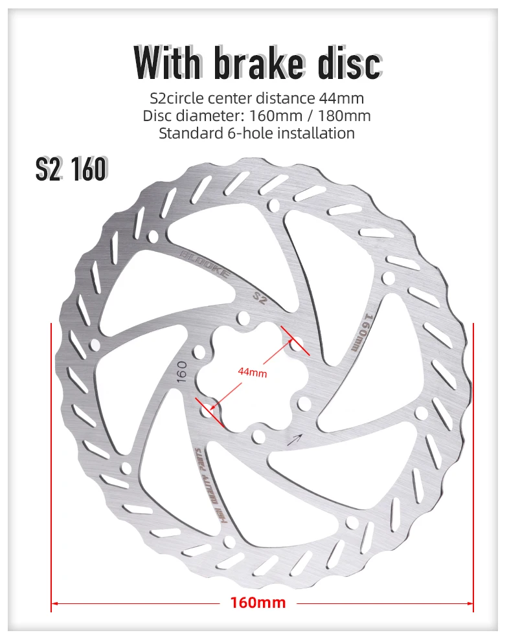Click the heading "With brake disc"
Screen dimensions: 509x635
point(257,63)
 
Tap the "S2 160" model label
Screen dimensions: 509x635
point(71,169)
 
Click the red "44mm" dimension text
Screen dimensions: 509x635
point(252,372)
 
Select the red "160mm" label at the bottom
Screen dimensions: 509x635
point(258,603)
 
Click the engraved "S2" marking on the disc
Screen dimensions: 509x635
point(260,298)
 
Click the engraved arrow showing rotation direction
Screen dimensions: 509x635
point(295,439)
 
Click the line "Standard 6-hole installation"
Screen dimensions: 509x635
point(257,133)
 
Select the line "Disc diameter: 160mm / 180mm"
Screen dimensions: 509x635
point(257,116)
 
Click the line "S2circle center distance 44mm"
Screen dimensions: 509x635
point(257,98)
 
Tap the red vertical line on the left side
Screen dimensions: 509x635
point(51,466)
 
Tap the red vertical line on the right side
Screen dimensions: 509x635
point(474,466)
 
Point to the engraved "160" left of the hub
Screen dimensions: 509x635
point(182,371)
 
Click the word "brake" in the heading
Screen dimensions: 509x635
point(258,63)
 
